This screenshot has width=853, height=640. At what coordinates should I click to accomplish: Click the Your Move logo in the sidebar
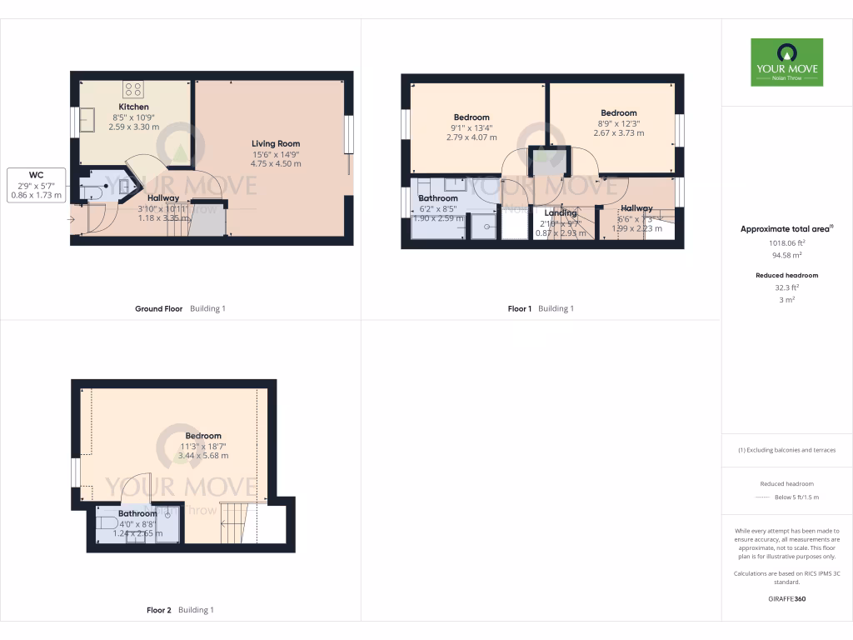[786, 62]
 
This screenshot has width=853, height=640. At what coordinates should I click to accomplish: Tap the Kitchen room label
[133, 107]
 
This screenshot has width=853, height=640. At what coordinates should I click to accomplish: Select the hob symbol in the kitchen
[133, 88]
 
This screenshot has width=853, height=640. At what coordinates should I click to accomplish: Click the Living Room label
[276, 144]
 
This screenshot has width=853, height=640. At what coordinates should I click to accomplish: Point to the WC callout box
[36, 185]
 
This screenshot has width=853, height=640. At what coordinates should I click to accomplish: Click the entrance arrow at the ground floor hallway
[72, 219]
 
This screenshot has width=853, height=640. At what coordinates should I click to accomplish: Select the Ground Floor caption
[158, 308]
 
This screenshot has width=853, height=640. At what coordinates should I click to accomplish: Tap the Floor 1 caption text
[519, 308]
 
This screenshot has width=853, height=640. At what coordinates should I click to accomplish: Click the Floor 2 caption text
[158, 610]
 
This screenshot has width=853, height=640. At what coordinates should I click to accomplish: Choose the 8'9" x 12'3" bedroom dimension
[618, 123]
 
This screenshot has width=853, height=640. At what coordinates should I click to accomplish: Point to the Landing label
[560, 212]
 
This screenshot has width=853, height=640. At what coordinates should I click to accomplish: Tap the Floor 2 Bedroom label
[203, 436]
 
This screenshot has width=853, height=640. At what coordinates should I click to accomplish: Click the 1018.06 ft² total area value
[786, 243]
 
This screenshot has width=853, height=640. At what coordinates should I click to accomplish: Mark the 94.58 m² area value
[786, 256]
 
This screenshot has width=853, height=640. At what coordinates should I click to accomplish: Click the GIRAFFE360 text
[786, 598]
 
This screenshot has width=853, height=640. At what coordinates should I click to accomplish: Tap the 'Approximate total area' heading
[785, 228]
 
